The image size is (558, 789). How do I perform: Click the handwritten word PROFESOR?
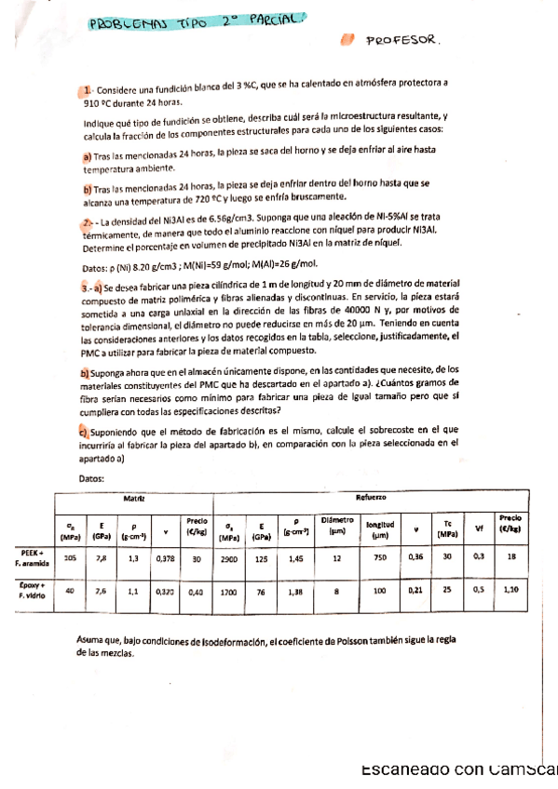pyautogui.click(x=401, y=41)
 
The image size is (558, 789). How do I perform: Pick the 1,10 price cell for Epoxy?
pyautogui.click(x=510, y=590)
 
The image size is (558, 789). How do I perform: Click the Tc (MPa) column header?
pyautogui.click(x=448, y=528)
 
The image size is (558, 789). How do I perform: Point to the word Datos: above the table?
pyautogui.click(x=90, y=478)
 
